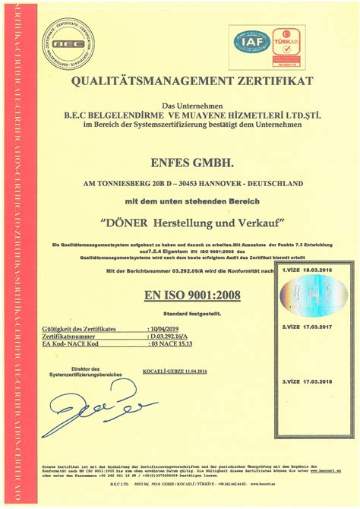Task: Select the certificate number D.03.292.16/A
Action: (173, 336)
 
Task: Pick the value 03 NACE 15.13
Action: (174, 344)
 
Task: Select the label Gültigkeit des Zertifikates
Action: (79, 328)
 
